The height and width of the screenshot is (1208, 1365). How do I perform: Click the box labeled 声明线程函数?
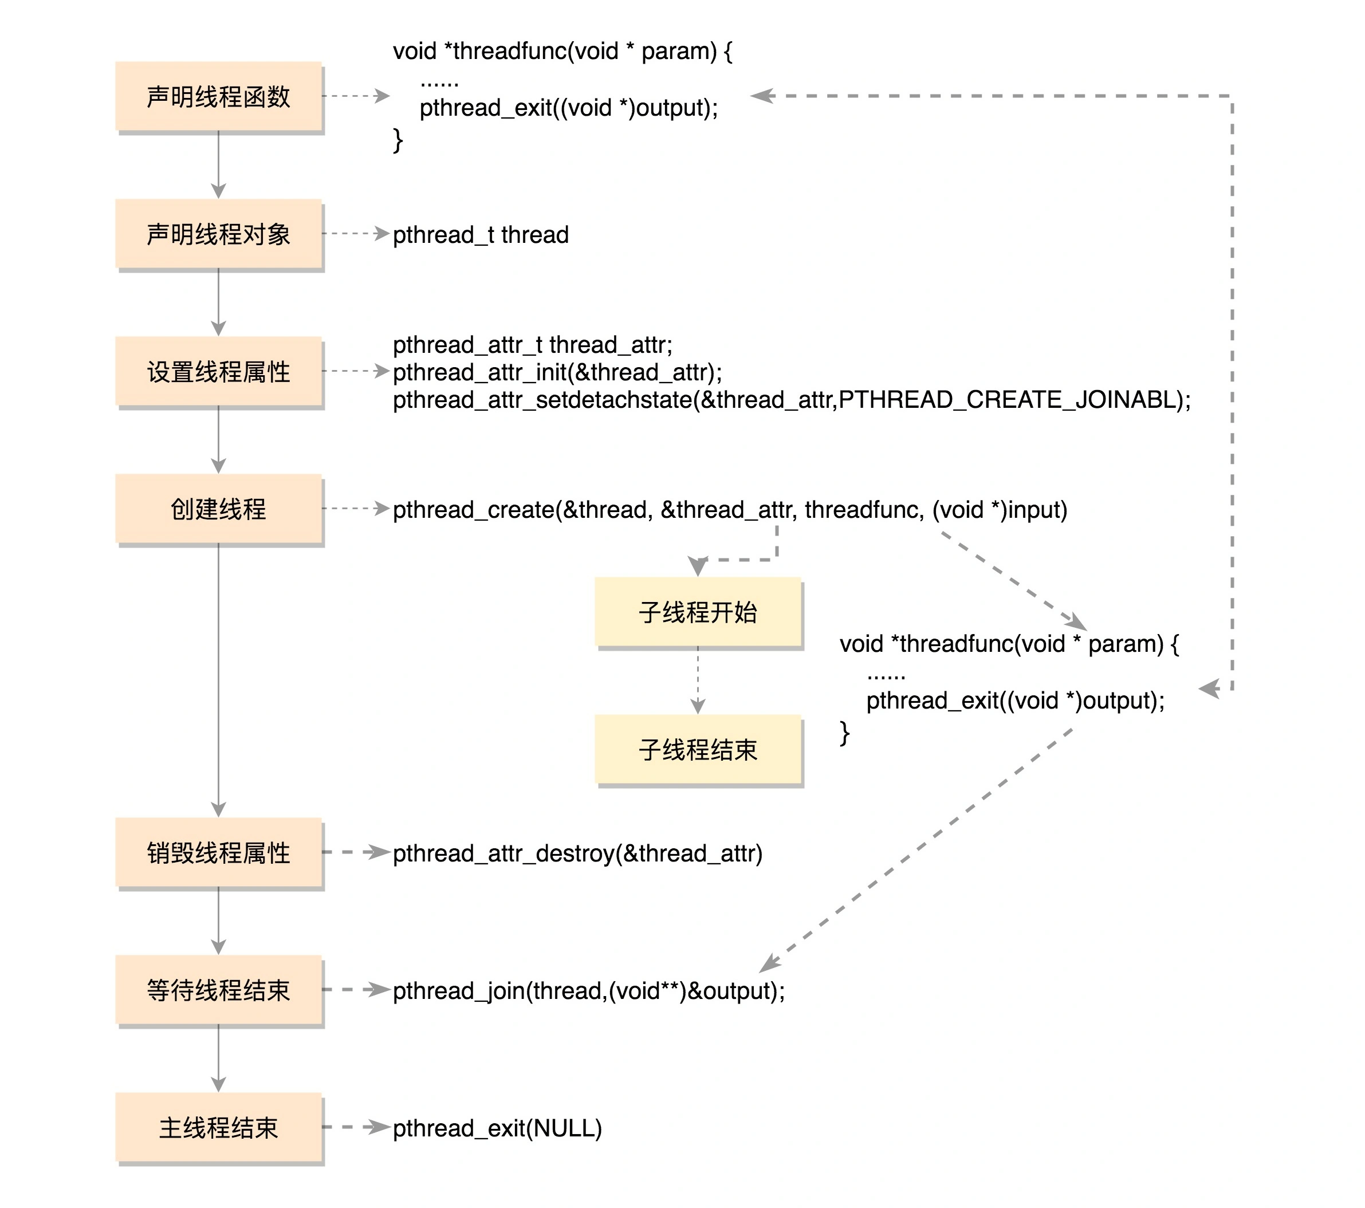click(218, 96)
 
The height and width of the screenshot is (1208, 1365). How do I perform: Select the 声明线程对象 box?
click(218, 234)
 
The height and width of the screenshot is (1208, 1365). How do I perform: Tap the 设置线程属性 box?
click(218, 371)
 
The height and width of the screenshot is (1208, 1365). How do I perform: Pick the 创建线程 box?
click(218, 509)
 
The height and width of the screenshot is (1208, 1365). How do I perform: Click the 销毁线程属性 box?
click(218, 853)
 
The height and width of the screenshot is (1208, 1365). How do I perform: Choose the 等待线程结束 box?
click(218, 990)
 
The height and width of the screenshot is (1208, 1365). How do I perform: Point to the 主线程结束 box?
click(218, 1127)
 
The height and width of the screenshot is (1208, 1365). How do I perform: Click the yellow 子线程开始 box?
click(698, 612)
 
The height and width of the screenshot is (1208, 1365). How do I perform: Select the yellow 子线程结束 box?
click(698, 749)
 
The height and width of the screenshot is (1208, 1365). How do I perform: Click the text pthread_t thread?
click(480, 235)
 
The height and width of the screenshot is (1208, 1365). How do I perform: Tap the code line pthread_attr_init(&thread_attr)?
click(557, 372)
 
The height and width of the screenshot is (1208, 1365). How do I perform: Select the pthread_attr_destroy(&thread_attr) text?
click(577, 853)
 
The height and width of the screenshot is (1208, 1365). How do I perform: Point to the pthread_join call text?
click(588, 991)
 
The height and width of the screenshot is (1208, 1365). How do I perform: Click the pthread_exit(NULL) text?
click(497, 1128)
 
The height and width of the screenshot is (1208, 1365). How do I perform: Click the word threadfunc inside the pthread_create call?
click(863, 510)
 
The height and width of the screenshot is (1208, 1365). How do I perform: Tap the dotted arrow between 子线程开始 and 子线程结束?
click(698, 680)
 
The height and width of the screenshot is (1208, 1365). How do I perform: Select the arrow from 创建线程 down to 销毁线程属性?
click(218, 678)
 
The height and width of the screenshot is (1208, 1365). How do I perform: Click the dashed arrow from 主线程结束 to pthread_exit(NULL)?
click(356, 1127)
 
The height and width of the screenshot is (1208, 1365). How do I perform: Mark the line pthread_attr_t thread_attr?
click(532, 345)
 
